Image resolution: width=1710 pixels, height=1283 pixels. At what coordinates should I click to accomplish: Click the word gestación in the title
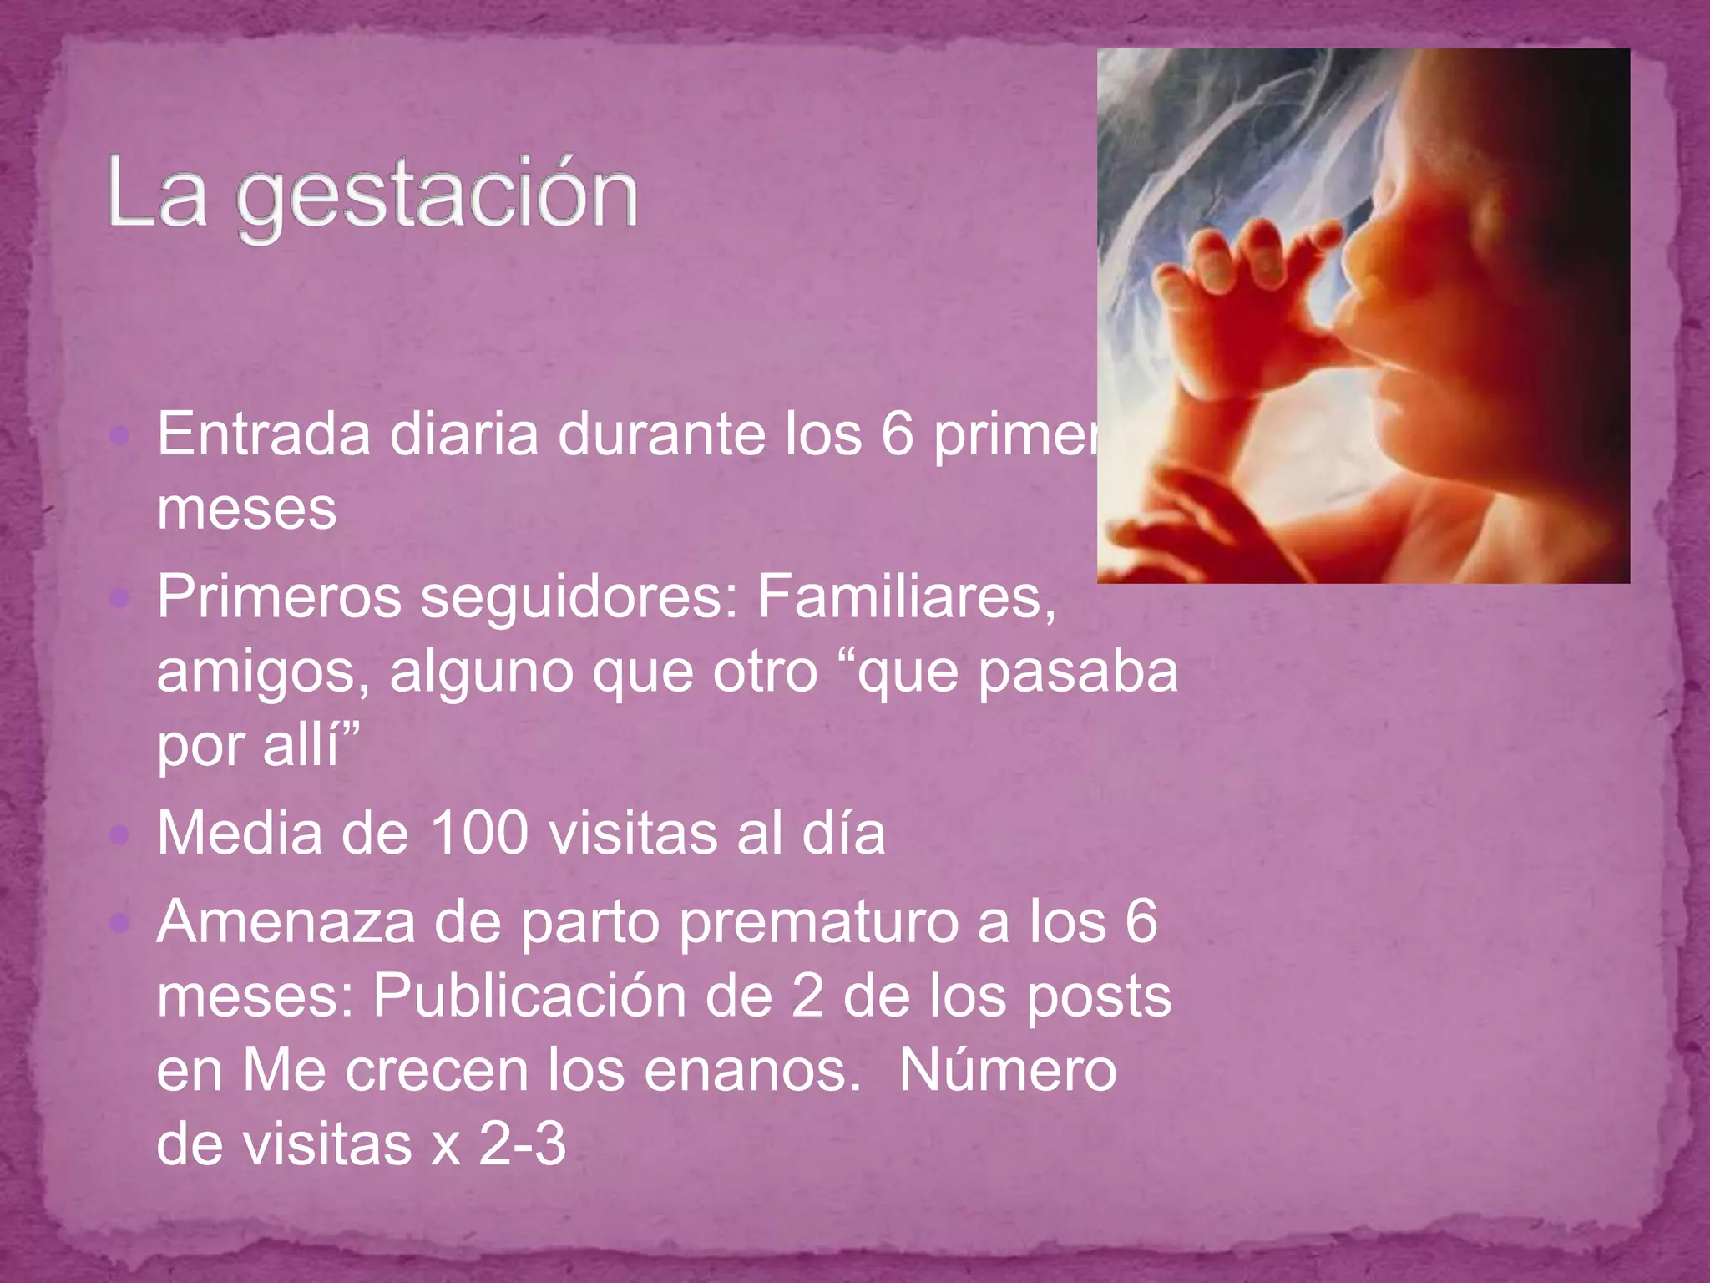(x=438, y=196)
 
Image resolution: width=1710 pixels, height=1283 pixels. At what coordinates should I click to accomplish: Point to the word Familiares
(x=907, y=598)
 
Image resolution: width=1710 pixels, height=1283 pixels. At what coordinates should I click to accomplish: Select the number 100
(x=479, y=834)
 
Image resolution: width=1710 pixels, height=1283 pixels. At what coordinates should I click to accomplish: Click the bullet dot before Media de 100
(x=121, y=834)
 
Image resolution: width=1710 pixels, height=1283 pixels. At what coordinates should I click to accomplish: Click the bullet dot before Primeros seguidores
(x=121, y=598)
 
